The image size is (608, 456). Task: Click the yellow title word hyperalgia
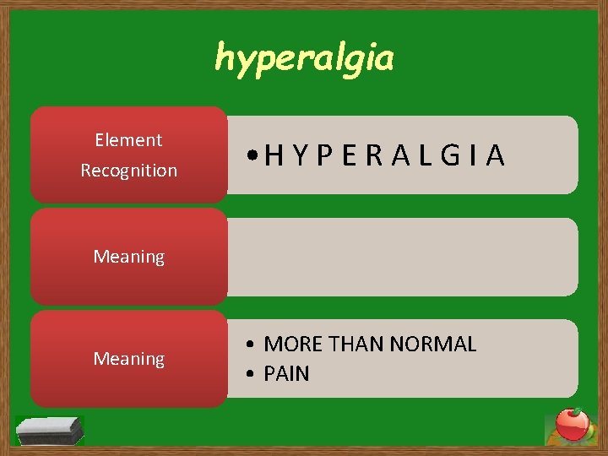(304, 57)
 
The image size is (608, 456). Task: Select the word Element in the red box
(128, 140)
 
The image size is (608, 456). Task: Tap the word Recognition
(128, 171)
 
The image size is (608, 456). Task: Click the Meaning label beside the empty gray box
(128, 257)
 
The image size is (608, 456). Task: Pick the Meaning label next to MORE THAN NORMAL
(128, 360)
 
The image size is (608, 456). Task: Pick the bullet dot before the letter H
(253, 156)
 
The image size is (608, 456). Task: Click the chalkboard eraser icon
(50, 430)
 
